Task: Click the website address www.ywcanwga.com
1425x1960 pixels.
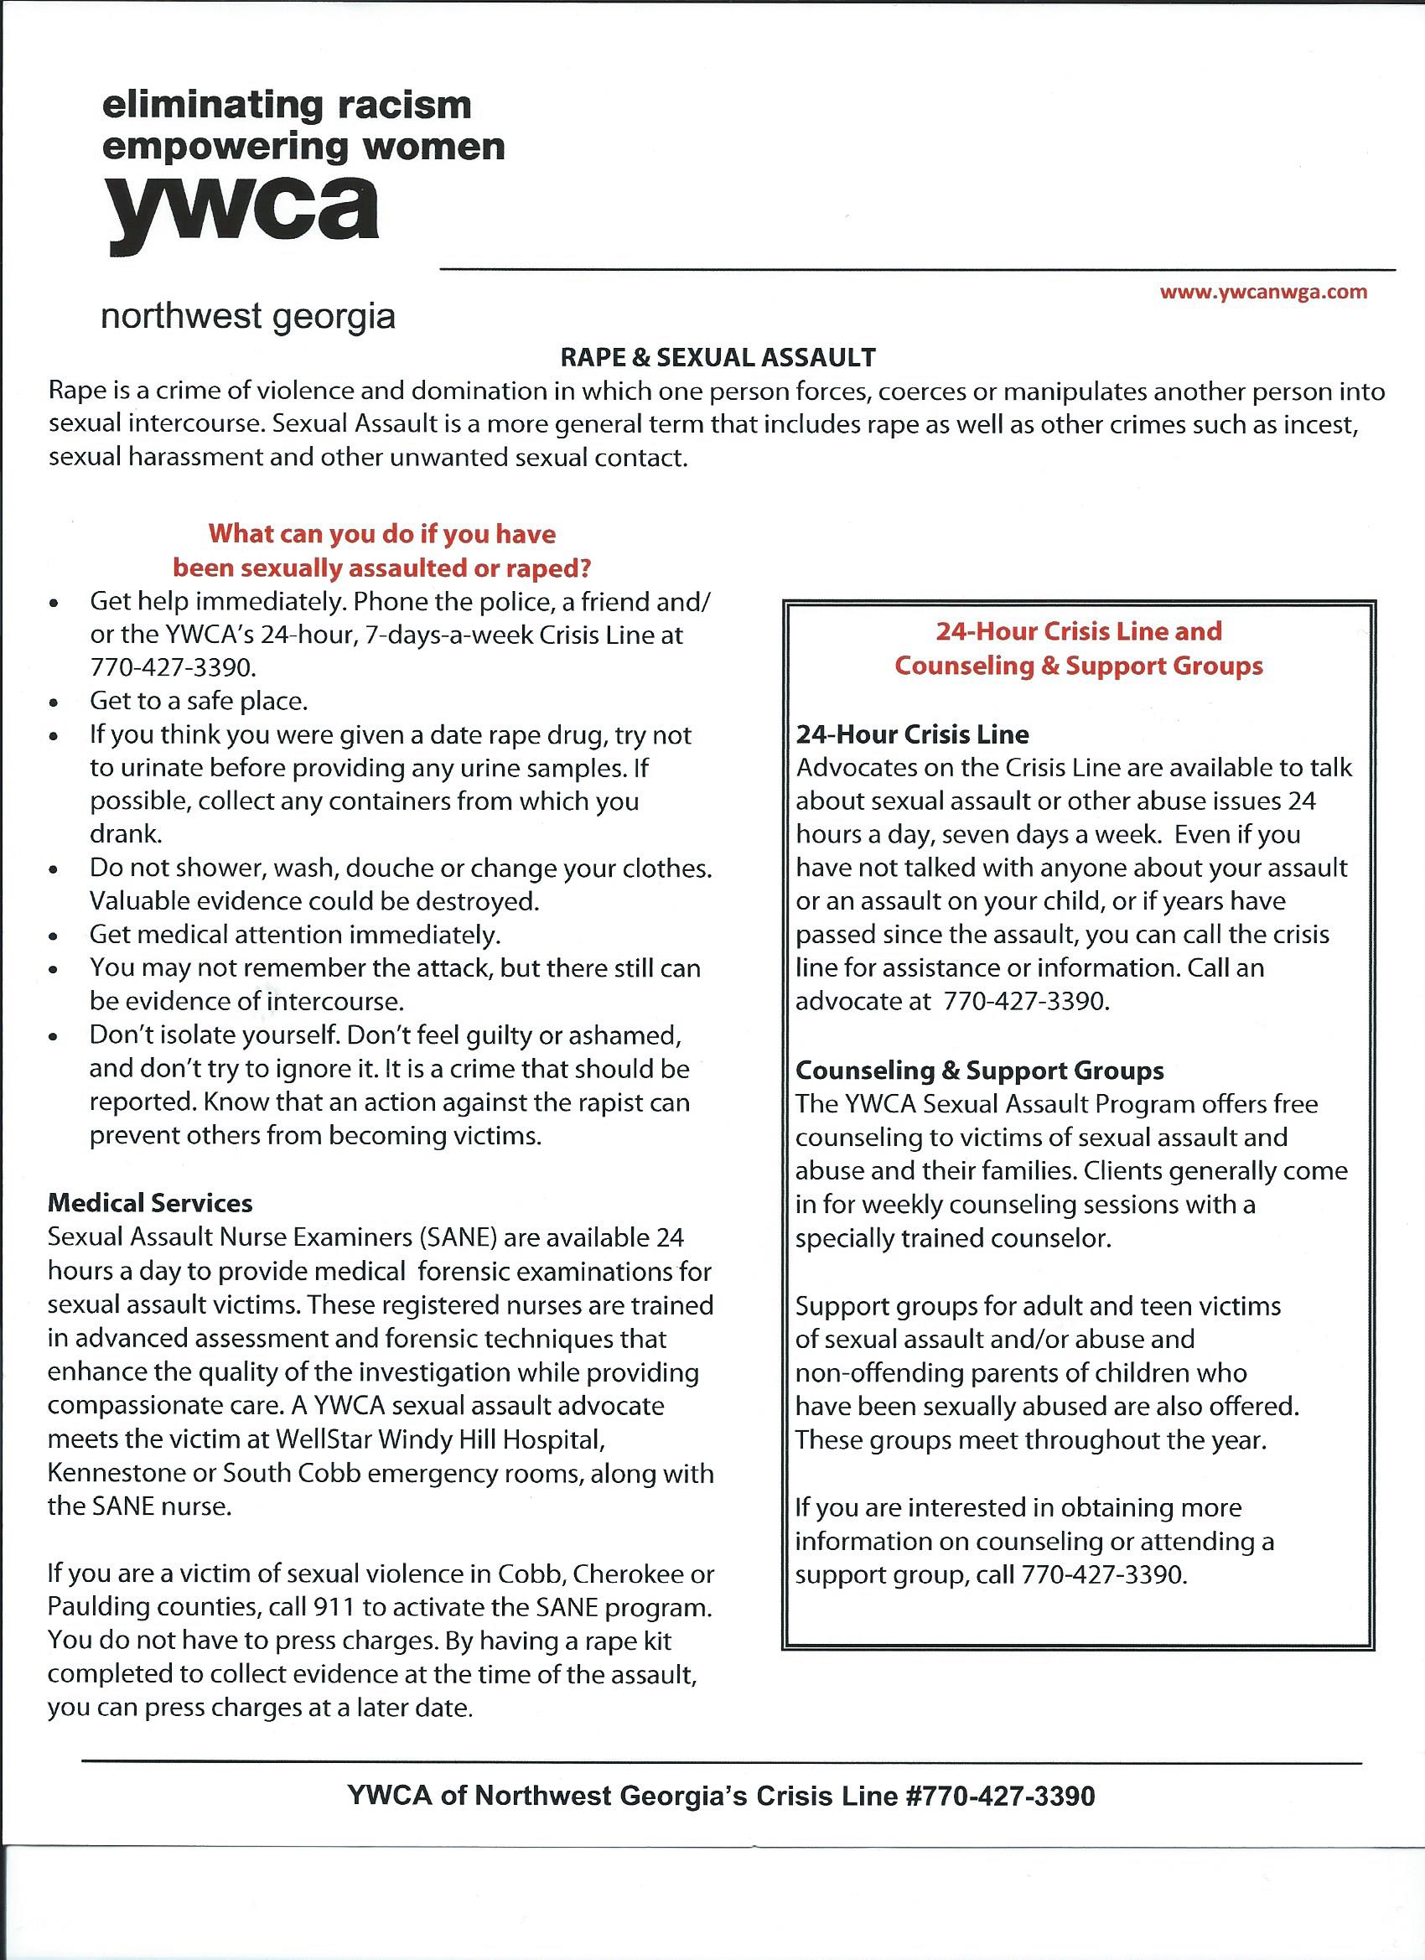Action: pos(1263,292)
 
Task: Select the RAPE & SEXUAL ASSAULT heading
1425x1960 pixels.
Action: pos(718,357)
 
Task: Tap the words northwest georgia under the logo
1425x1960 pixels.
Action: pos(248,317)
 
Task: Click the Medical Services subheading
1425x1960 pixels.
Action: pos(150,1203)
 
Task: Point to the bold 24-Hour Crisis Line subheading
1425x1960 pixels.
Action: pos(912,734)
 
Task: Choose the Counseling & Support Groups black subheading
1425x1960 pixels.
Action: pos(979,1070)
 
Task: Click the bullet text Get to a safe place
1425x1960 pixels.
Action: pos(199,701)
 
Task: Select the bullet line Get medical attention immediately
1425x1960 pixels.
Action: pos(295,934)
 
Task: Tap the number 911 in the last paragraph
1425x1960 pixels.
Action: pos(335,1607)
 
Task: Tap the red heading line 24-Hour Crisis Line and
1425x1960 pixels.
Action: pos(1079,631)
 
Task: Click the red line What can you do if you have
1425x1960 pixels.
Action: pos(382,533)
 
